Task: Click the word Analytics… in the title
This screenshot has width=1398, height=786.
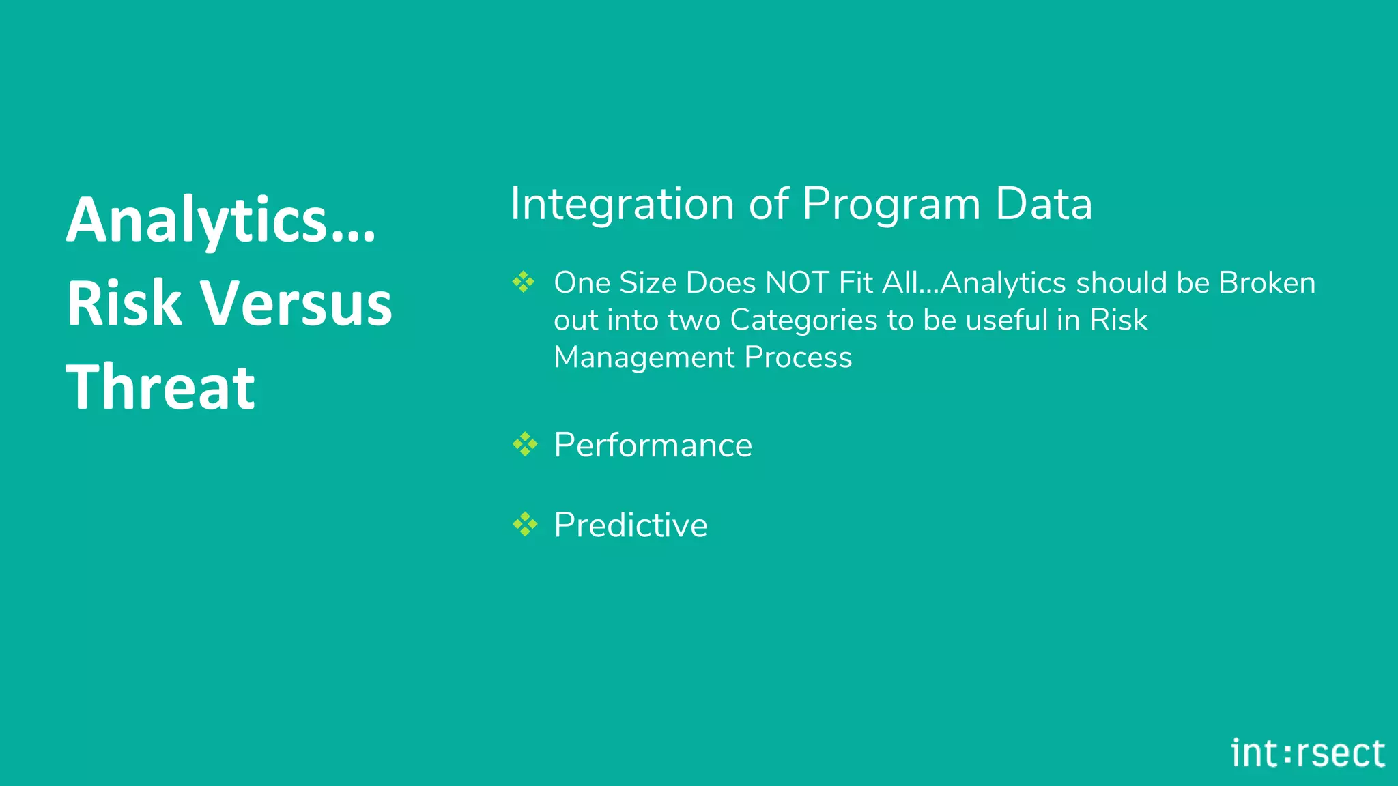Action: coord(220,220)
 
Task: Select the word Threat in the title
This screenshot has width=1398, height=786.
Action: coord(160,387)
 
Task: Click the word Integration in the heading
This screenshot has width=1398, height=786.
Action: coord(622,204)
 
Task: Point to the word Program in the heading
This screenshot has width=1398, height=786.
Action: coord(891,204)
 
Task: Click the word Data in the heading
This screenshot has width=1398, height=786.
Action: coord(1044,204)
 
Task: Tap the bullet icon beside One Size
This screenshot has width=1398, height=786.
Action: coord(524,281)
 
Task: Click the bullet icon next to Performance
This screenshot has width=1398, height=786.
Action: coord(525,444)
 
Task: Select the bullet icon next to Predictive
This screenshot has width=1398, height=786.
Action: coord(525,524)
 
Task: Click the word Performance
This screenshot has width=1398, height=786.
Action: coord(653,445)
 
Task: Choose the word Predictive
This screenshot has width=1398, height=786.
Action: coord(630,525)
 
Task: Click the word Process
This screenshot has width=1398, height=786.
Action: coord(798,357)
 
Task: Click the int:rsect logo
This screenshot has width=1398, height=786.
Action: coord(1308,753)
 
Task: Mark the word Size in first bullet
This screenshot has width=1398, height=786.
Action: coord(648,282)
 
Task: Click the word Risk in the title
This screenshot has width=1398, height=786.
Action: coord(124,304)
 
